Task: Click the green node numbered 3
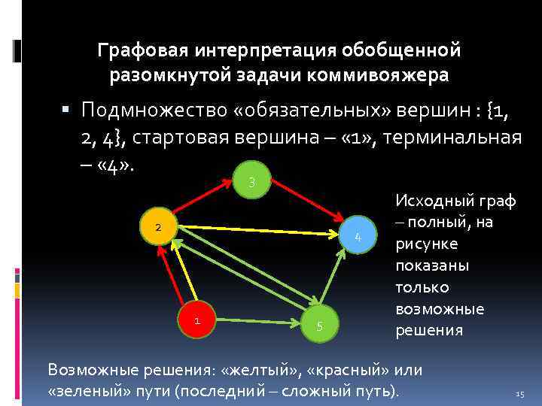[x=252, y=180]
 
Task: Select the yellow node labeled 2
[x=158, y=227]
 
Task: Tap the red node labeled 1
[x=196, y=320]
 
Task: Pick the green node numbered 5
[x=320, y=326]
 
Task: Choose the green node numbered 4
[x=358, y=238]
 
